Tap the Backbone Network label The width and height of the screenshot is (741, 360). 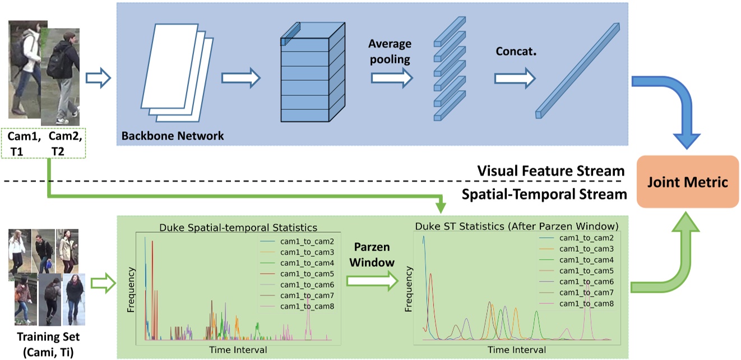[173, 135]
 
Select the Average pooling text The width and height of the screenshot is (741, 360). [390, 50]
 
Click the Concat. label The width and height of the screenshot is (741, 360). [516, 51]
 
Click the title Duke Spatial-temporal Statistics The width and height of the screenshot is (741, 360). [238, 228]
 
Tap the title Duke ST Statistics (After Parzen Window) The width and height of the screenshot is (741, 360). [516, 227]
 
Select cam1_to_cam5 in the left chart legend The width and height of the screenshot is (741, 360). [307, 274]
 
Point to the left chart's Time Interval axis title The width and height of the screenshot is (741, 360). [238, 349]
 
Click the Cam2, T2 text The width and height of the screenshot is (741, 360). [64, 143]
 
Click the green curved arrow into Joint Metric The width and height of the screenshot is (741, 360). [673, 264]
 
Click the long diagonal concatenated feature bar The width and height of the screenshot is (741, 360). [577, 70]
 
